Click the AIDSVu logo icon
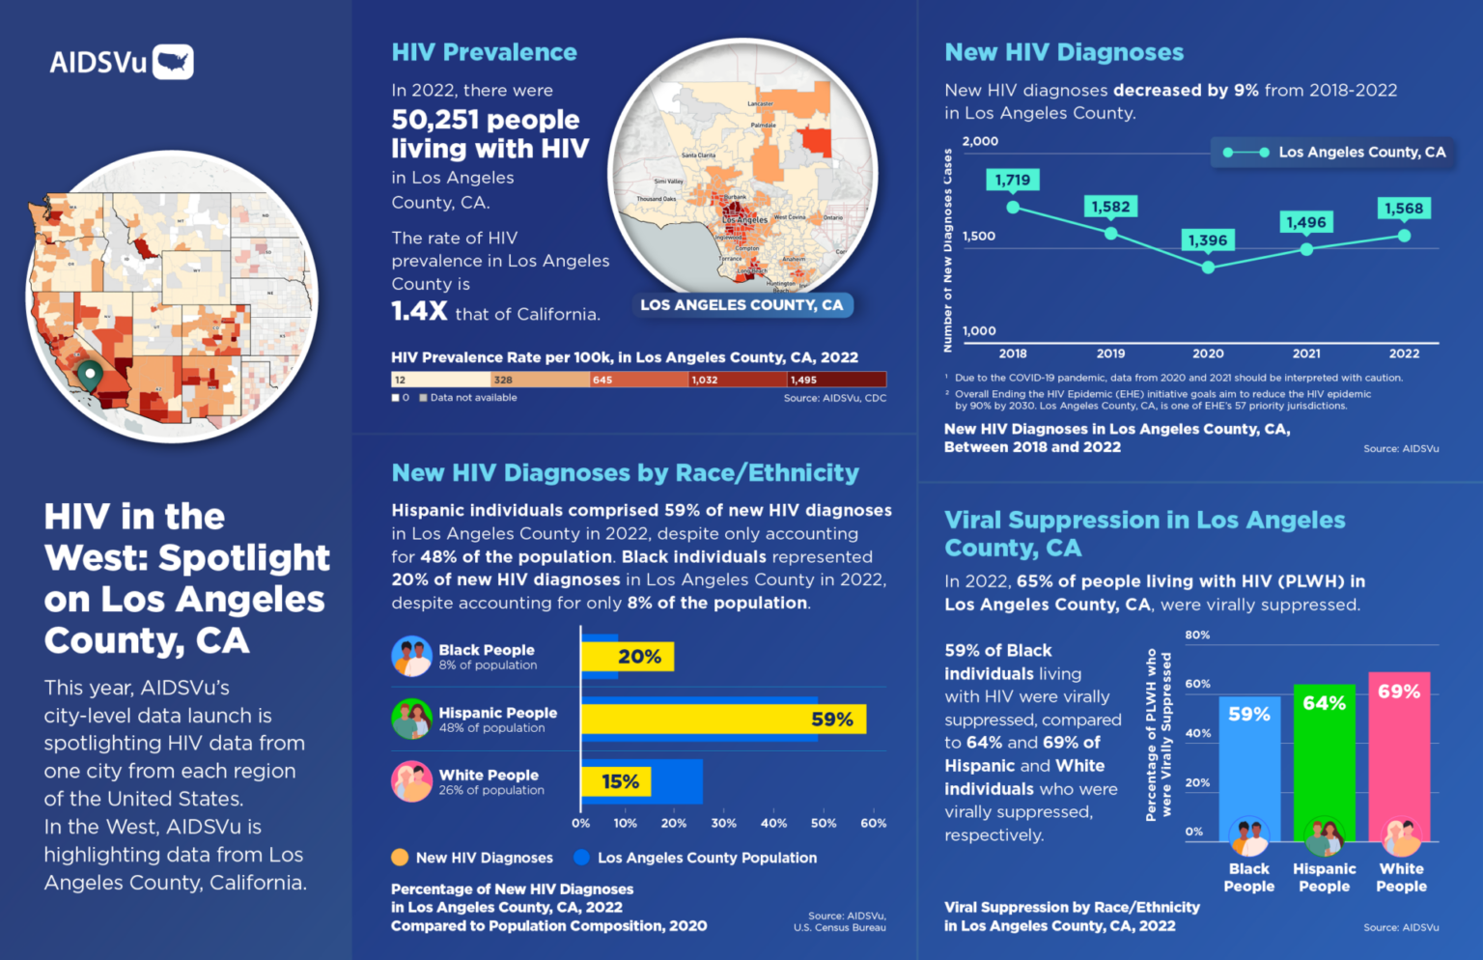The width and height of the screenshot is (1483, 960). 173,62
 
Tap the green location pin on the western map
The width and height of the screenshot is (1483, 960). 90,375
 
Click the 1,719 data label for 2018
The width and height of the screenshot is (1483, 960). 1012,180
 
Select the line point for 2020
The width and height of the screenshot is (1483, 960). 1208,268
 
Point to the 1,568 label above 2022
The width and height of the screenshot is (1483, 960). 1403,209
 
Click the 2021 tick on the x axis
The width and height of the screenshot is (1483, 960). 1306,353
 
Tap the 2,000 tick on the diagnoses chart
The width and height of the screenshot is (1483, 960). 980,141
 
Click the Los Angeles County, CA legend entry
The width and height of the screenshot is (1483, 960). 1333,153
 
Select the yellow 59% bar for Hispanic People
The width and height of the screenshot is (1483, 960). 723,720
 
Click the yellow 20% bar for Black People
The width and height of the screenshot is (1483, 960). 628,657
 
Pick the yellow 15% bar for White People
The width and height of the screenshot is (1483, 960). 616,781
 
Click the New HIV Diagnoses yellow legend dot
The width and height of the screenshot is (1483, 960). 400,858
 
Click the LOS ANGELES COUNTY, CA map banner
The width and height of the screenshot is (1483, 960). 741,305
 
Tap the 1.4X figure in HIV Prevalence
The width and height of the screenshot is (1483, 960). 419,311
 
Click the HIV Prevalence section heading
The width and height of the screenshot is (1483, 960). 484,52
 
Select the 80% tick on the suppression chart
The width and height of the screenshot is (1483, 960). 1197,635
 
